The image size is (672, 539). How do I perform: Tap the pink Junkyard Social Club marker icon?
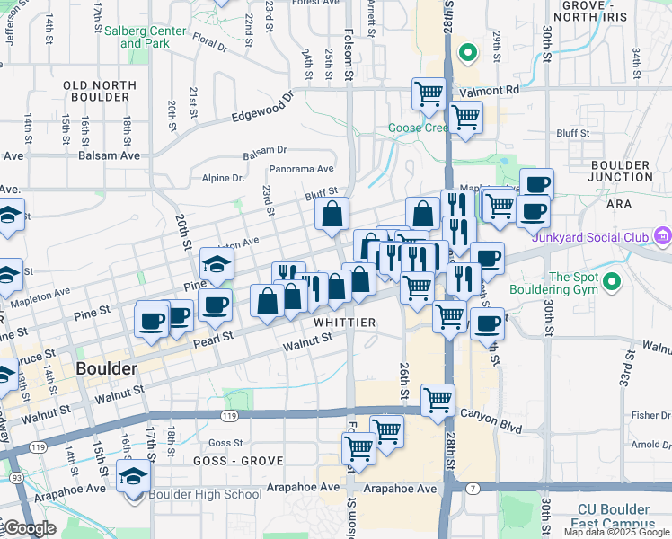click(x=663, y=237)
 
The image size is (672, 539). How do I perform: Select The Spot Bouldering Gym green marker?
click(x=612, y=282)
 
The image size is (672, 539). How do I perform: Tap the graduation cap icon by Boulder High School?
click(x=133, y=477)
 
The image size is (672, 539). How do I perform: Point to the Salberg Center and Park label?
click(x=146, y=37)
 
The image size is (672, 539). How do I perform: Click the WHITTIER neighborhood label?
click(x=344, y=322)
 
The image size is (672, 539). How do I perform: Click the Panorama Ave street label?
click(x=301, y=169)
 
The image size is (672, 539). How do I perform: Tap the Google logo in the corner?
click(x=30, y=528)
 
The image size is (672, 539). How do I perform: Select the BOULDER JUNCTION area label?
click(x=621, y=172)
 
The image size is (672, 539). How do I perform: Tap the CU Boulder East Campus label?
click(x=620, y=519)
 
